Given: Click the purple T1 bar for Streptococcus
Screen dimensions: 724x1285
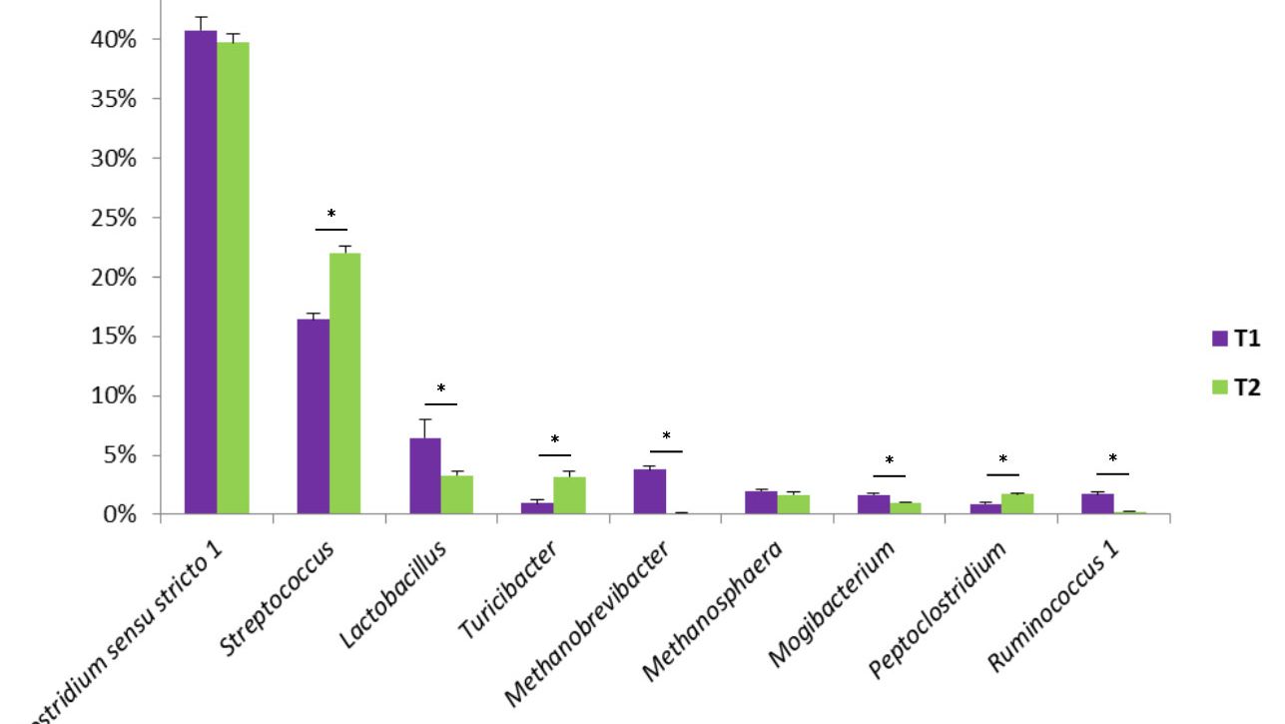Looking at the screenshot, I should pos(313,416).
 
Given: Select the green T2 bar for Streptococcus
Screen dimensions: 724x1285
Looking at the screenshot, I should pos(345,383).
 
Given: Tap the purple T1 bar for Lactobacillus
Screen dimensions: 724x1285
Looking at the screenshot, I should pos(424,476).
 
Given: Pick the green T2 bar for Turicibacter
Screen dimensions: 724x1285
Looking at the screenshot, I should pos(569,495).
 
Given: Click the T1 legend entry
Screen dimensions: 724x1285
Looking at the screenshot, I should pos(1236,339).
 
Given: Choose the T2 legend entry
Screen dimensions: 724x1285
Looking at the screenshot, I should pos(1236,387).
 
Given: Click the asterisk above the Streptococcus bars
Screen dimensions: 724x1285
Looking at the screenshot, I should pos(331,215).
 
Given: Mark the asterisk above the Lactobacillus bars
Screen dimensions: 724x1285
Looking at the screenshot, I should pos(440,389).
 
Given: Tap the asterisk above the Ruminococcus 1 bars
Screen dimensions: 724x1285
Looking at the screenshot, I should pos(1112,459).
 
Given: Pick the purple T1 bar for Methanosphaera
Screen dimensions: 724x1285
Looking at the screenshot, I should pos(762,502).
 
